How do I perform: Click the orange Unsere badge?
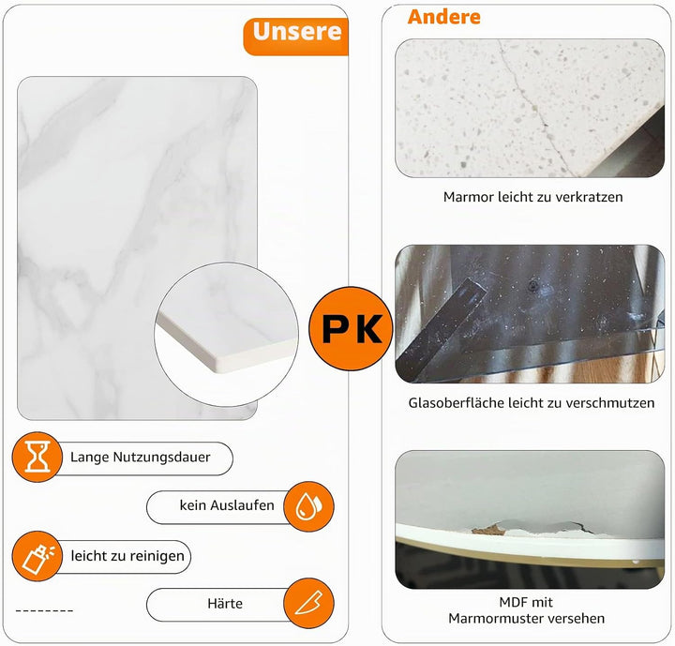[x=296, y=37]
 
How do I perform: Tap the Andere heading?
[x=443, y=17]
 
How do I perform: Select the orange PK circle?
[x=351, y=328]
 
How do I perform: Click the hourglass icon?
[x=37, y=457]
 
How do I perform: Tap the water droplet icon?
[x=308, y=506]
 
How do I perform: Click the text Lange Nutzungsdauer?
[x=141, y=457]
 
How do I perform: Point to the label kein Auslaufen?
[x=227, y=505]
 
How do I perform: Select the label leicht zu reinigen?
[x=127, y=556]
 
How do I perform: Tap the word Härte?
[x=225, y=604]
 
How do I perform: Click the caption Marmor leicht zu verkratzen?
[x=532, y=197]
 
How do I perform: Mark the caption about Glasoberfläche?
[x=532, y=402]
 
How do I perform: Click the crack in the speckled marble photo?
[x=533, y=108]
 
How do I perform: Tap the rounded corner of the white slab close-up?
[x=220, y=366]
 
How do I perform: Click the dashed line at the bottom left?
[x=44, y=610]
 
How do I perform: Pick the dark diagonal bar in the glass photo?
[x=442, y=328]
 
